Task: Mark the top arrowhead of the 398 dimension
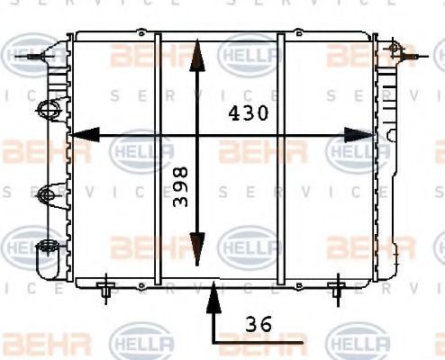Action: tap(197, 54)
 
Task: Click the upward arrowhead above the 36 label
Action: tap(213, 292)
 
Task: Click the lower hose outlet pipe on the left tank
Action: tap(41, 261)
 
